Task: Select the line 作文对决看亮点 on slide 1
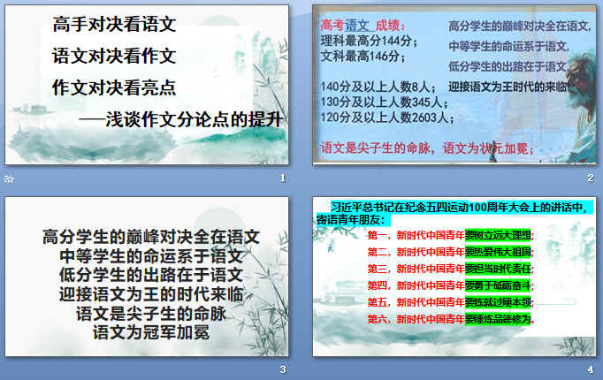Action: click(x=114, y=87)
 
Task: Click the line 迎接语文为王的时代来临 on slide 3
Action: click(x=150, y=293)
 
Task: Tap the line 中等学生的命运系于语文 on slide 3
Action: click(x=150, y=255)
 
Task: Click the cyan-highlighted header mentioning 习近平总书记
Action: click(x=455, y=212)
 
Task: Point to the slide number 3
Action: click(x=282, y=369)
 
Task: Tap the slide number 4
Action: click(x=590, y=369)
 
